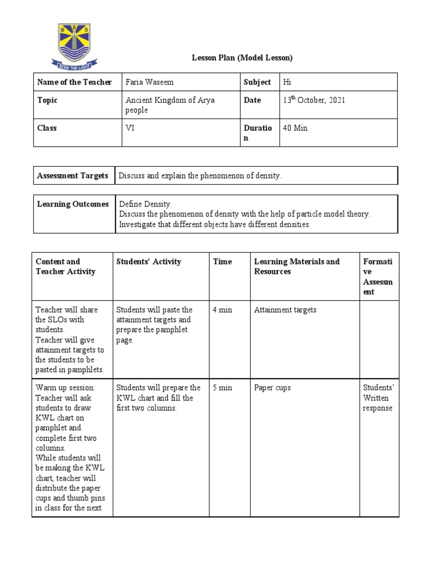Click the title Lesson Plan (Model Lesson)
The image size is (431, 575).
point(242,58)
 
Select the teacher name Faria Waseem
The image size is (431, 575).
point(149,83)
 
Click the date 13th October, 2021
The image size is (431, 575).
point(314,100)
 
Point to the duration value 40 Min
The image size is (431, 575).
point(295,128)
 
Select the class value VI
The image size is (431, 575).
point(130,128)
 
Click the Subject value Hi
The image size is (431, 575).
point(287,83)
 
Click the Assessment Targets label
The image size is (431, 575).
point(72,176)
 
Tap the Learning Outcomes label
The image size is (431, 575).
point(72,204)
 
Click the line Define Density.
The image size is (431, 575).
point(145,204)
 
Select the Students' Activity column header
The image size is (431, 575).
point(149,262)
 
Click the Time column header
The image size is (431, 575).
point(222,262)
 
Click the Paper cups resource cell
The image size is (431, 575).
point(272,388)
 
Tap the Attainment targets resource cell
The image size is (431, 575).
point(285,310)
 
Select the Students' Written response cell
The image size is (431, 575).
point(378,398)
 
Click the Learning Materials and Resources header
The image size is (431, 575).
point(297,267)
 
